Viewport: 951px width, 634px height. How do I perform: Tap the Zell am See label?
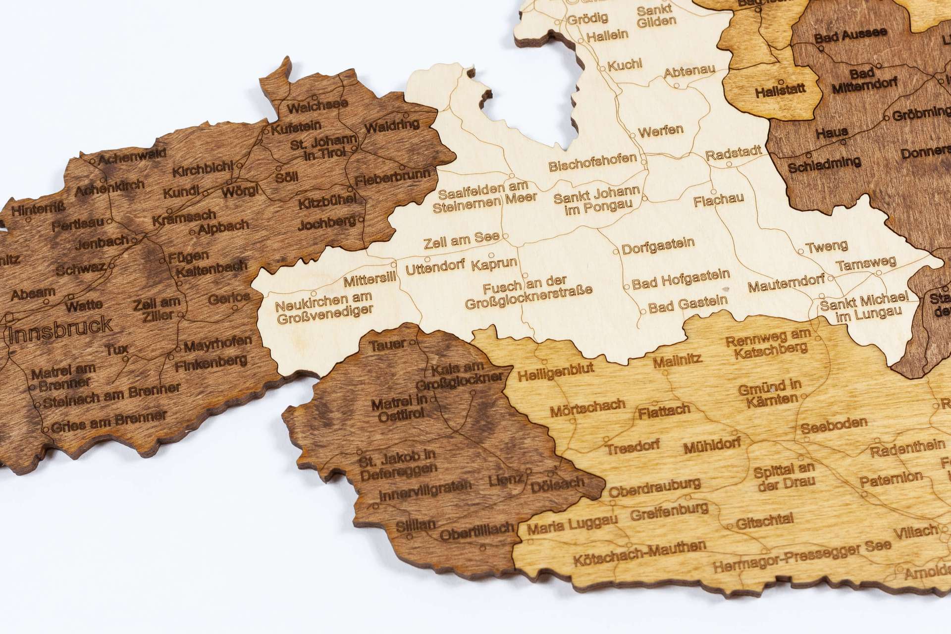tap(462, 242)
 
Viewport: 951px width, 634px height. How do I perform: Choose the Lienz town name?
tap(505, 479)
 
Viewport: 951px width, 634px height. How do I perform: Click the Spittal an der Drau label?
tap(784, 475)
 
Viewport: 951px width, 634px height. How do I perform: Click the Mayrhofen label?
tap(217, 343)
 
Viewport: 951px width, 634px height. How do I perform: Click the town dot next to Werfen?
tap(633, 135)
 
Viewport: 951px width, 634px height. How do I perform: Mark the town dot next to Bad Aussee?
tap(821, 49)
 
